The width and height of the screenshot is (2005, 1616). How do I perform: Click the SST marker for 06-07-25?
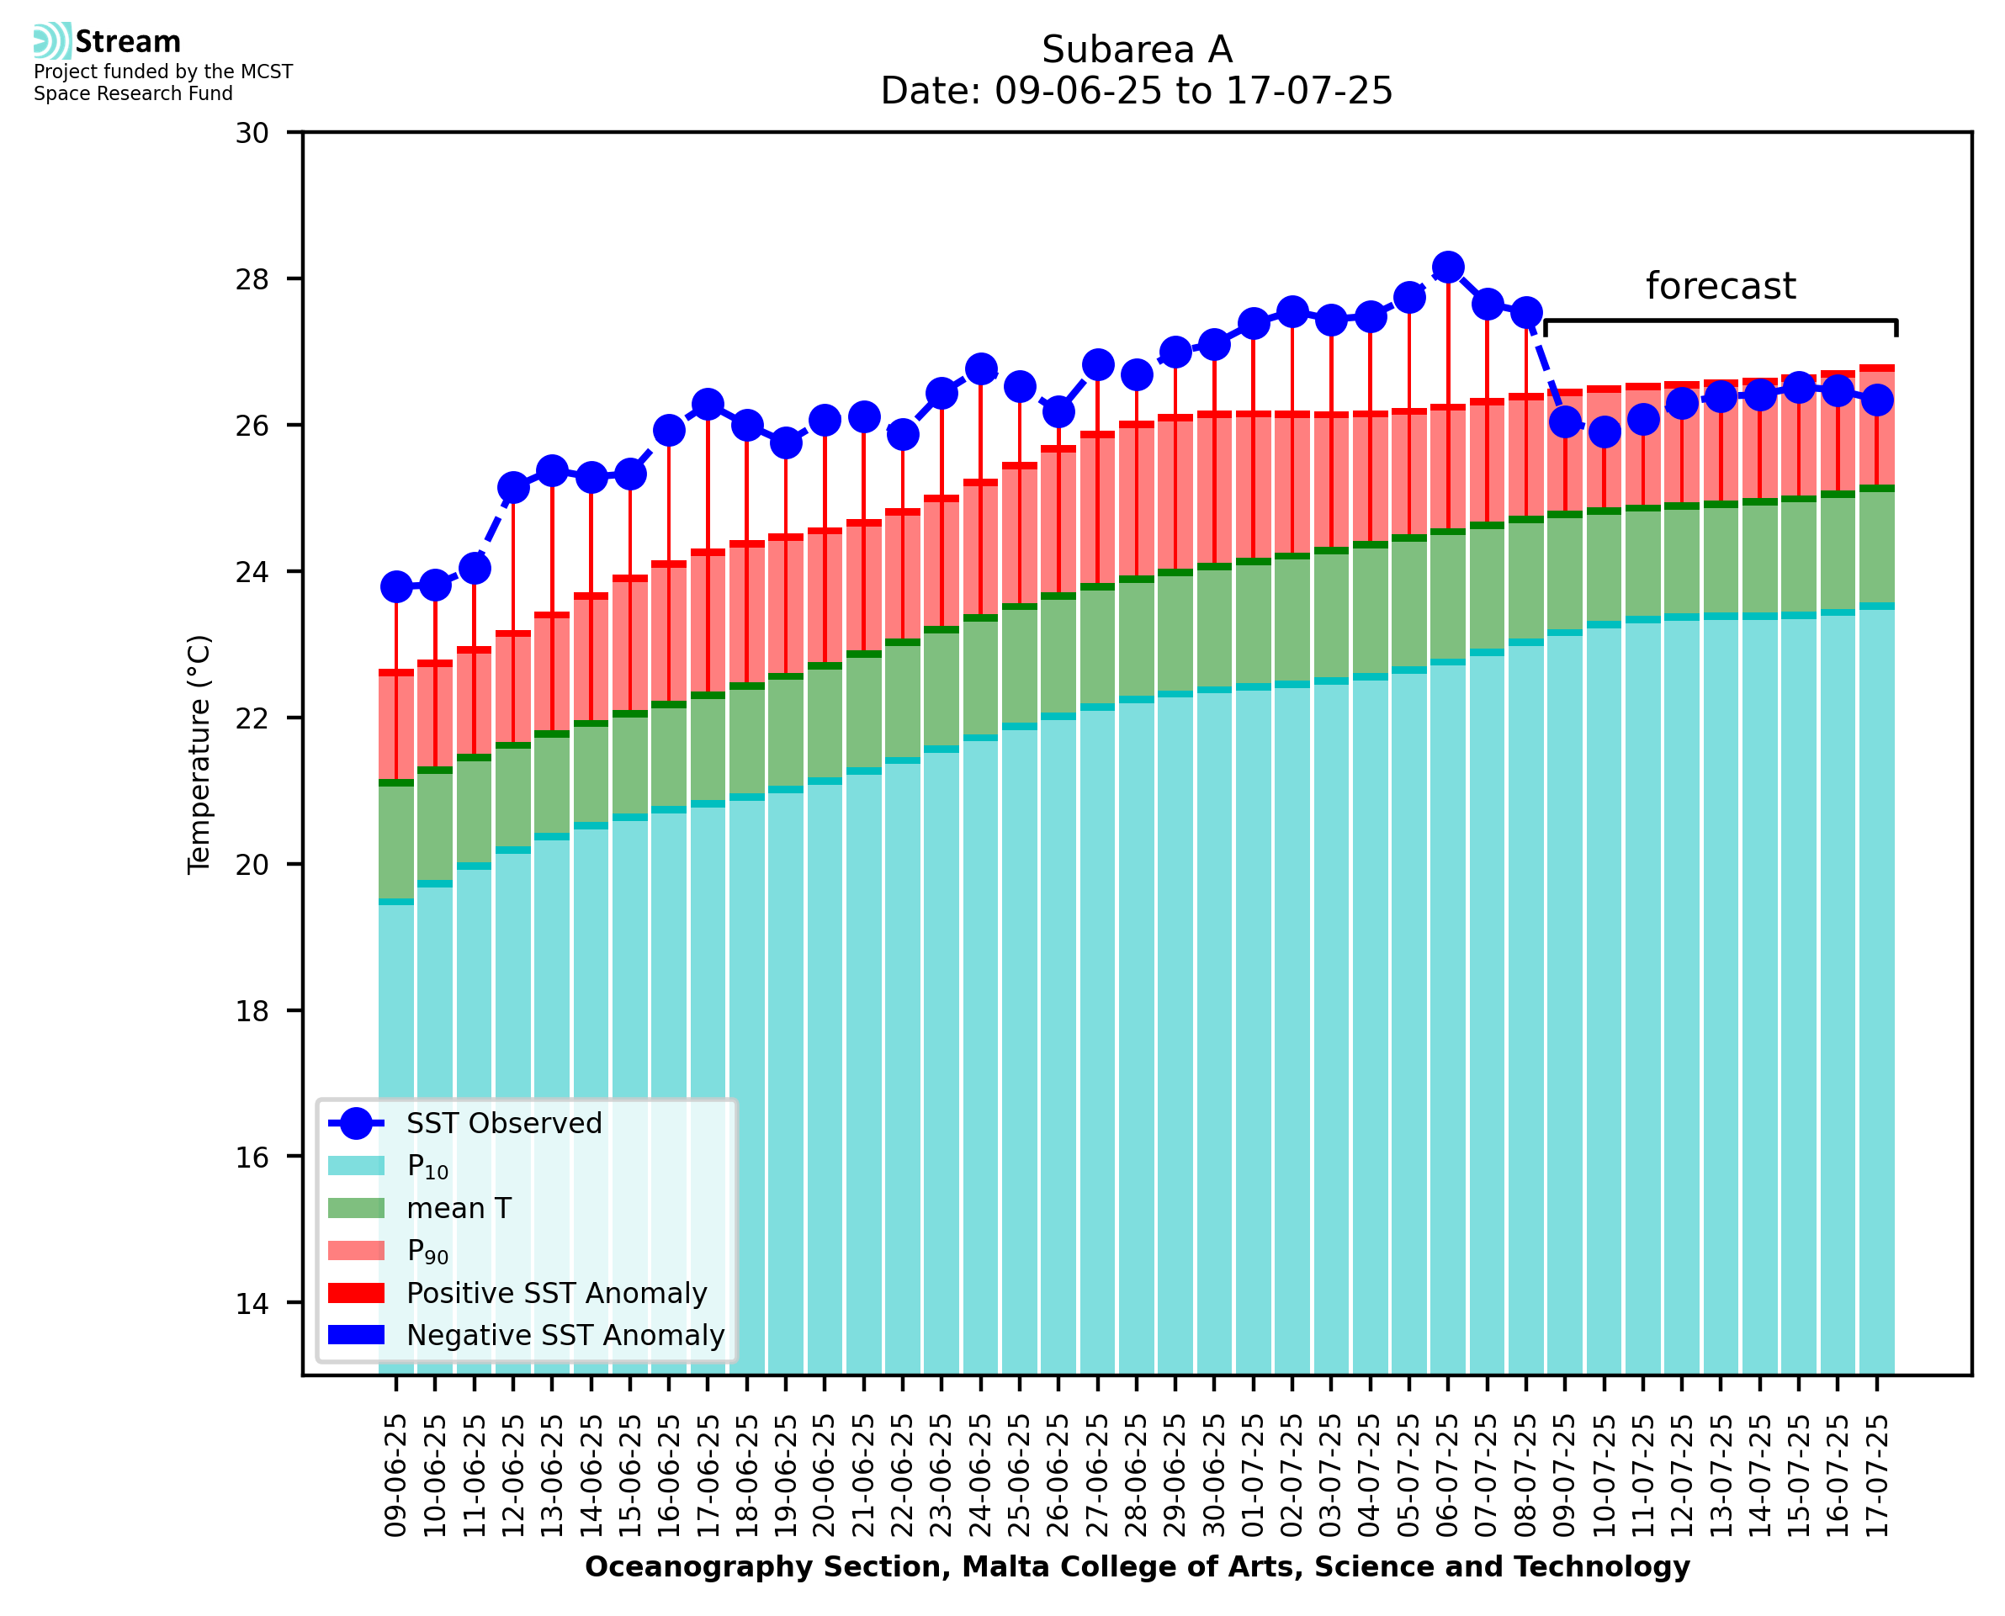coord(1447,268)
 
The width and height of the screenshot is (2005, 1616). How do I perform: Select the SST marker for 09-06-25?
coord(396,586)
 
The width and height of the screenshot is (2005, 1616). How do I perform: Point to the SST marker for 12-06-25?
coord(513,487)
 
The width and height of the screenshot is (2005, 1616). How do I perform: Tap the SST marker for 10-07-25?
coord(1604,432)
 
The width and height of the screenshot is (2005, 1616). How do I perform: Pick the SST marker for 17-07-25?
coord(1876,400)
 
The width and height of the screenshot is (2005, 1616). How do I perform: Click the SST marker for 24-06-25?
coord(980,368)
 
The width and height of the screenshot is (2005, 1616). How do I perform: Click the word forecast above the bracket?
coord(1720,286)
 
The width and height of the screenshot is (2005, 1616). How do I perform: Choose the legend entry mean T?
coord(459,1208)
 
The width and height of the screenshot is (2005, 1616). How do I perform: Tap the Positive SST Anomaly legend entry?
coord(555,1293)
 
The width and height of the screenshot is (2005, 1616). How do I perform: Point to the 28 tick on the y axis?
coord(252,279)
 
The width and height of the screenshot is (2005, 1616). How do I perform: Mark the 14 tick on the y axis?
coord(252,1303)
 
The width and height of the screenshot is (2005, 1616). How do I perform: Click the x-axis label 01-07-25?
coord(1254,1476)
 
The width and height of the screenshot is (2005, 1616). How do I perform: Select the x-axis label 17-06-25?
coord(708,1476)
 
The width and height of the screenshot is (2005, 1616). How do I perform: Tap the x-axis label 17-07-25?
coord(1876,1476)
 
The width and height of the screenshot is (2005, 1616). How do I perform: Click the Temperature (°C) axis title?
coord(199,755)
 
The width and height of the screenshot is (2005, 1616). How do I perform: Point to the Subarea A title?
coord(1137,50)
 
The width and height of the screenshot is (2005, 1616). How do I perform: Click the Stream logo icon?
coord(52,41)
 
